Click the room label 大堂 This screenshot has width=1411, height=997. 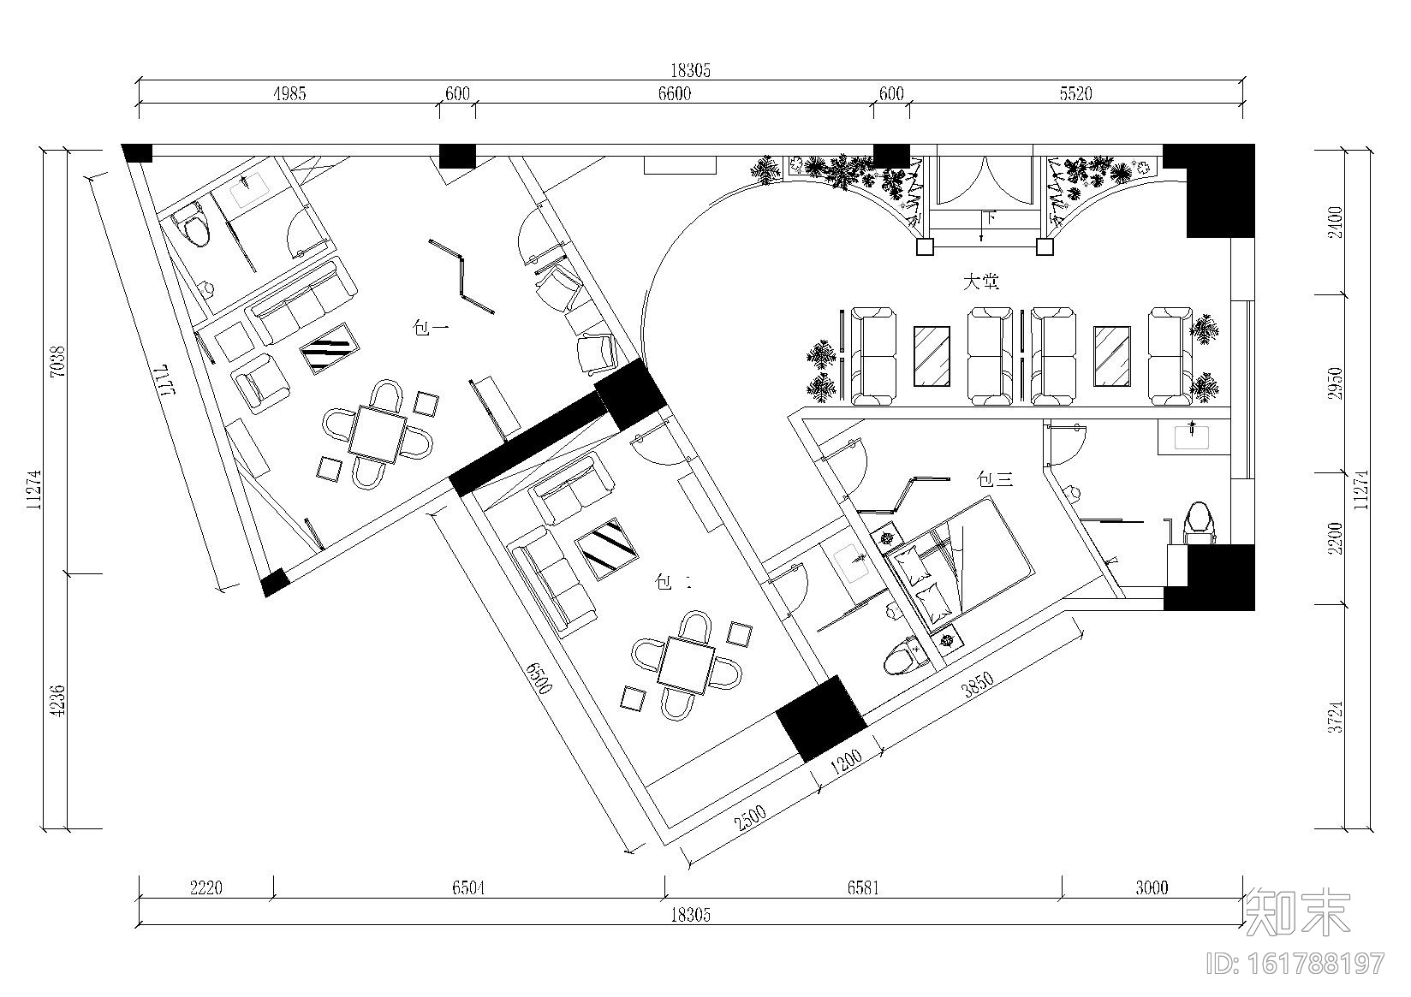coord(981,282)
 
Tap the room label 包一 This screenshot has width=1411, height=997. coord(432,327)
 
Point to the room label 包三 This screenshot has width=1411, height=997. coord(995,480)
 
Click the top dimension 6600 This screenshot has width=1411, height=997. coord(674,94)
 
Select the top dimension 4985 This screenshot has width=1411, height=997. coord(289,94)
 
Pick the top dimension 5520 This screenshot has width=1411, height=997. coord(1075,94)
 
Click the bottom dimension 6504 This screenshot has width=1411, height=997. coord(468,887)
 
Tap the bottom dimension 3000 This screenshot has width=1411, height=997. coord(1152,887)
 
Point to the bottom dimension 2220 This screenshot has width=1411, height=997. coord(205,887)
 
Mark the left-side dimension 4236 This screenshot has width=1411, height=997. coord(57,700)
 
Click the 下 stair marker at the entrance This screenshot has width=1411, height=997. coord(989,217)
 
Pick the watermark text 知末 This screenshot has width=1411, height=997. coord(1298,913)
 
